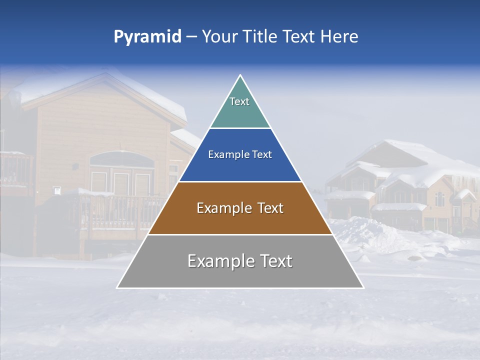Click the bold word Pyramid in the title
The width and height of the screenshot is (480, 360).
(147, 36)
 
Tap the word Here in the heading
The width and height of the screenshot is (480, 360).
(338, 36)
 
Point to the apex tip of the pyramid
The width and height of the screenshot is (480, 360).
(240, 75)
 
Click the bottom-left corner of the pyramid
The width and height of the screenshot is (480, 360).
(117, 287)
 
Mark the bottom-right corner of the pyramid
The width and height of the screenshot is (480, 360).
(363, 287)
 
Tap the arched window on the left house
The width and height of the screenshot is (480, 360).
(121, 160)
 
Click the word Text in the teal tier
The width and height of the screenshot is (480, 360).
(239, 101)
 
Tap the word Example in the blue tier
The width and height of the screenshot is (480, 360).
(224, 154)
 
